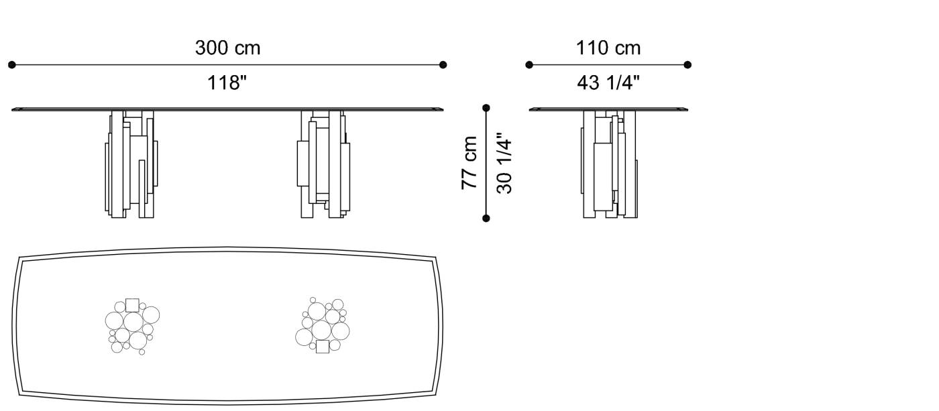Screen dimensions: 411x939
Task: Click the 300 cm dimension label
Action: [227, 48]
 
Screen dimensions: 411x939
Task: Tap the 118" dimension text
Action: [227, 83]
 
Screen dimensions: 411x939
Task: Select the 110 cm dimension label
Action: [608, 48]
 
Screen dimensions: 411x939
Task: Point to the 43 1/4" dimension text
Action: [608, 83]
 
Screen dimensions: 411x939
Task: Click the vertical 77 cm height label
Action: [469, 163]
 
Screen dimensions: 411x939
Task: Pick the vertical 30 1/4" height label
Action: [504, 166]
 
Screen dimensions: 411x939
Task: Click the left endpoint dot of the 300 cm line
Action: [11, 65]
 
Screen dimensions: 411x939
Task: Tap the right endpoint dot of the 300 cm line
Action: [443, 65]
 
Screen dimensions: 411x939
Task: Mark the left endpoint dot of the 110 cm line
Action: [529, 65]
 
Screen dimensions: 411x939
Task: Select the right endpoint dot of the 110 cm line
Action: [687, 65]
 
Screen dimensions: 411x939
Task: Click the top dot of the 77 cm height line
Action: [486, 108]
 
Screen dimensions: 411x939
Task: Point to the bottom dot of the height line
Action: [486, 218]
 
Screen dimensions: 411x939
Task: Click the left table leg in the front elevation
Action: [131, 164]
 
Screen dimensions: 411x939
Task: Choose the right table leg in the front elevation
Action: [323, 164]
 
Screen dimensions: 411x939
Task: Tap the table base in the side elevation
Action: [609, 164]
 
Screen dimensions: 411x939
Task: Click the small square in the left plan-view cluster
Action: [132, 305]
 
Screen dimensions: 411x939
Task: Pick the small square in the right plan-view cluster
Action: [323, 346]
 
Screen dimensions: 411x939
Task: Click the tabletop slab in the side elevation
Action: [608, 109]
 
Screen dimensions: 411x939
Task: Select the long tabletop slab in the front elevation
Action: [228, 108]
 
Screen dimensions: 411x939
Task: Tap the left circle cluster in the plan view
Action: [131, 326]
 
